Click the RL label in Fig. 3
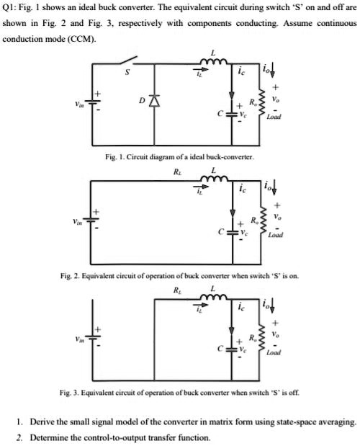click(x=178, y=291)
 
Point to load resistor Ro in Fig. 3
click(x=266, y=336)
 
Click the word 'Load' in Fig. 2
click(x=274, y=235)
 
